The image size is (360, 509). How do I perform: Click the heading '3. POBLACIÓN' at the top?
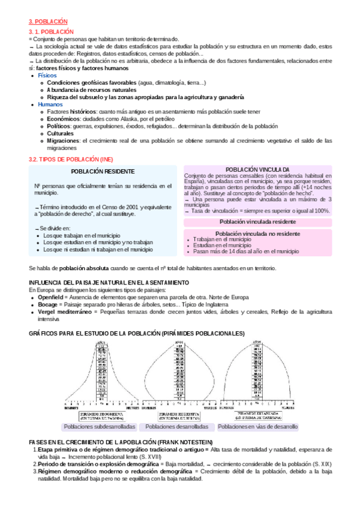[x=48, y=20]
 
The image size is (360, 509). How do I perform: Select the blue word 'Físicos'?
[x=48, y=76]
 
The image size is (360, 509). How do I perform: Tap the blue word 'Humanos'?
[x=50, y=104]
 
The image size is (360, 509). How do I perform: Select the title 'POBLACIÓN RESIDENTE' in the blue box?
[x=103, y=172]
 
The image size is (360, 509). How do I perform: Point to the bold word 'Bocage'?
[x=49, y=304]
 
